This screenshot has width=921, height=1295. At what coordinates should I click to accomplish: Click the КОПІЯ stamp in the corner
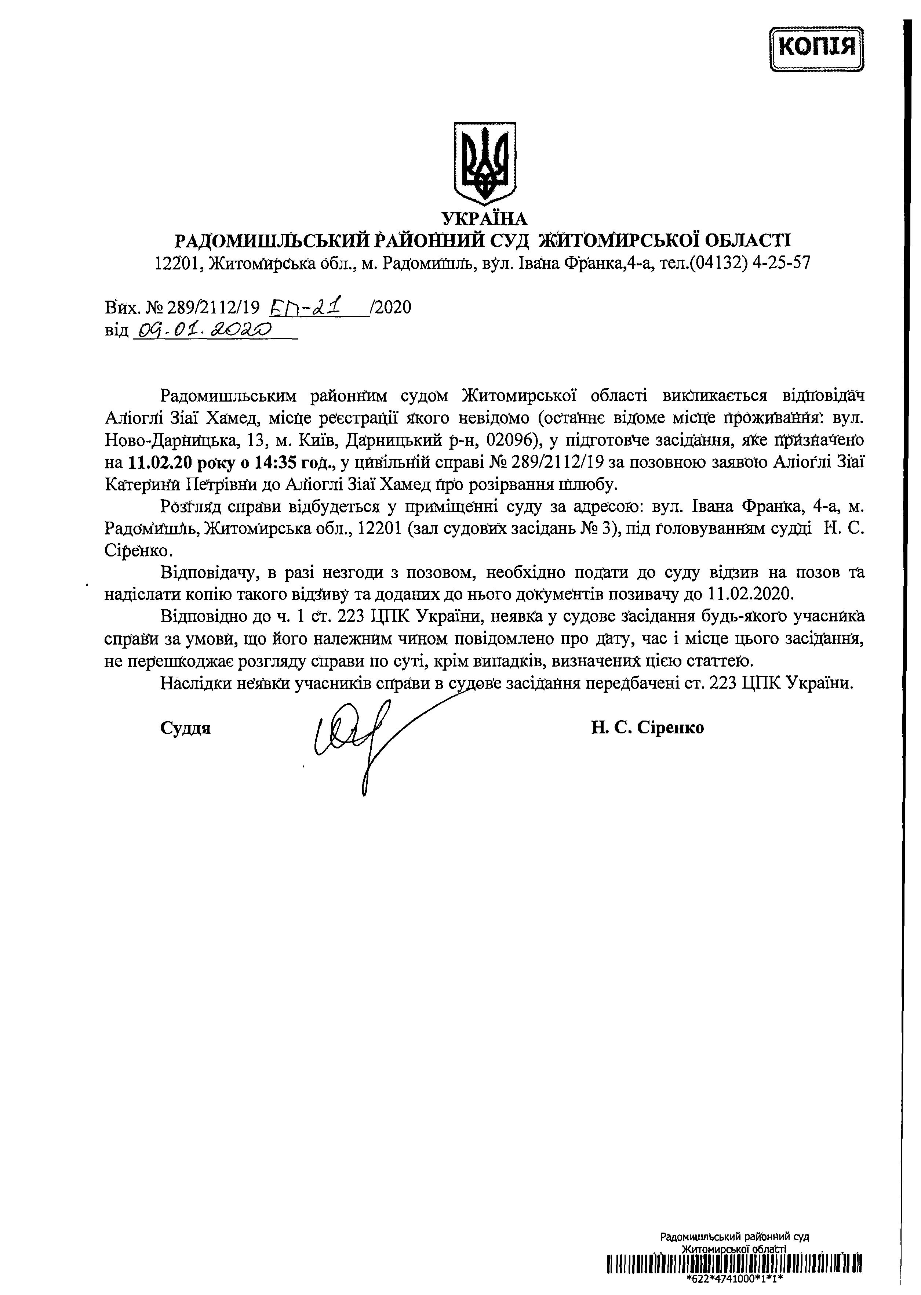817,48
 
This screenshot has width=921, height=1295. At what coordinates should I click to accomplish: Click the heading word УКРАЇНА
484,218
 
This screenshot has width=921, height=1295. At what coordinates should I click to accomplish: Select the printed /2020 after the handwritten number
390,308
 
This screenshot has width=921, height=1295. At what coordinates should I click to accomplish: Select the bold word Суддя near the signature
185,728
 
